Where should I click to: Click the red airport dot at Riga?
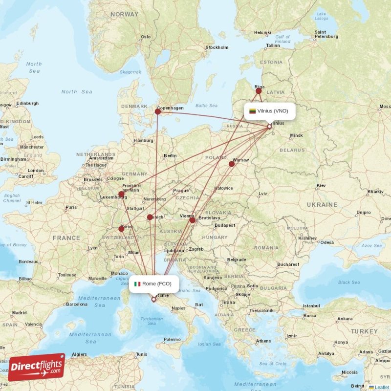[259, 90]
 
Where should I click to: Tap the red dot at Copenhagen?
[158, 111]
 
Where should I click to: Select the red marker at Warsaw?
[232, 164]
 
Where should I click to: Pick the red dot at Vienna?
[193, 220]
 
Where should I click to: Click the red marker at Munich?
[150, 217]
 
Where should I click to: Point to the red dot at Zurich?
[121, 228]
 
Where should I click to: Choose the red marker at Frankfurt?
[121, 194]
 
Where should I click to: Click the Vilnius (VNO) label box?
[269, 111]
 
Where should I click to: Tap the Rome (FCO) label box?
[153, 283]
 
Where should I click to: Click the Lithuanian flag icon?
[253, 111]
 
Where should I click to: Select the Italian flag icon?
[137, 283]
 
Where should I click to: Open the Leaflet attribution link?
[382, 387]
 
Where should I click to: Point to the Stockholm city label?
[217, 47]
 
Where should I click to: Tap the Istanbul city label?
[311, 306]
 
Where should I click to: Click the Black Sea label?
[348, 282]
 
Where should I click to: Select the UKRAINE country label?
[322, 204]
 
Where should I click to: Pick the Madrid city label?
[20, 313]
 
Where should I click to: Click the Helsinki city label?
[262, 33]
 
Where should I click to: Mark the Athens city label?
[264, 341]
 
